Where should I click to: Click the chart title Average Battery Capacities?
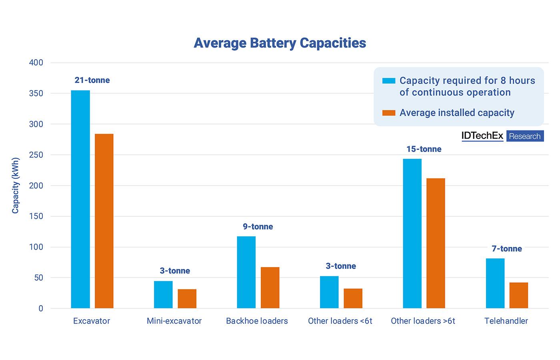(x=280, y=43)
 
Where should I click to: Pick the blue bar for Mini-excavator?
(x=163, y=294)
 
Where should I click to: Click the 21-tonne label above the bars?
(x=92, y=80)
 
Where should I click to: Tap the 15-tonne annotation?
(x=424, y=149)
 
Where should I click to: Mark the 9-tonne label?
(x=258, y=226)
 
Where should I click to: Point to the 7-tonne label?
(x=507, y=248)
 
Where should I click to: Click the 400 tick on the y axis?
(x=36, y=63)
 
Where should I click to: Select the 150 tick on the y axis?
(x=36, y=216)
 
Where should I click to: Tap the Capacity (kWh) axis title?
(x=15, y=186)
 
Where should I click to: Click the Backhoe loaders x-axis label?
(x=257, y=321)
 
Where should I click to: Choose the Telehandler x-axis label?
(x=506, y=321)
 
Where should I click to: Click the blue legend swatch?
(x=388, y=81)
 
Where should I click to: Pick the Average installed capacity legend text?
(x=457, y=112)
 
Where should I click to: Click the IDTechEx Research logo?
(x=502, y=136)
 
